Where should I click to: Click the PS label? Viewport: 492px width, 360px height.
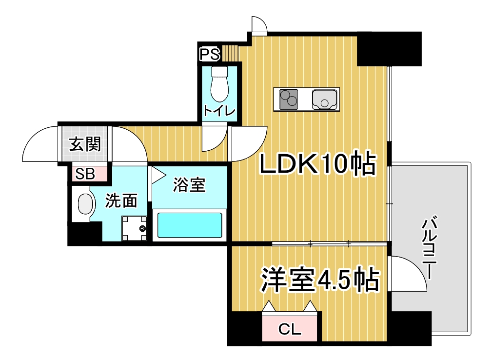click(210, 54)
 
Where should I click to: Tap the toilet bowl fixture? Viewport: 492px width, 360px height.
click(219, 84)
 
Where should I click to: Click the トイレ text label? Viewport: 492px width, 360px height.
click(219, 110)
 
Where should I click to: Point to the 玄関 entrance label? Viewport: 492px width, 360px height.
click(85, 144)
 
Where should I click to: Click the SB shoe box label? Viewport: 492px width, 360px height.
click(85, 174)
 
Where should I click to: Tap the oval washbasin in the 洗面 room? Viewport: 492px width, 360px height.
click(86, 204)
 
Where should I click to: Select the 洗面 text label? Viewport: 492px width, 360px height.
click(121, 200)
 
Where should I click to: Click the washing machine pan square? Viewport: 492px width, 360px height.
click(134, 228)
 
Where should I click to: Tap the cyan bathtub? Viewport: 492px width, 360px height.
click(190, 225)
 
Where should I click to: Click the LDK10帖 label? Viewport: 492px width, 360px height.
click(317, 163)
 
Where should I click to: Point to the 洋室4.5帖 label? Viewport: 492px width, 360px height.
click(320, 280)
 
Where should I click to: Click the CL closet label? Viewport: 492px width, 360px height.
click(290, 329)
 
